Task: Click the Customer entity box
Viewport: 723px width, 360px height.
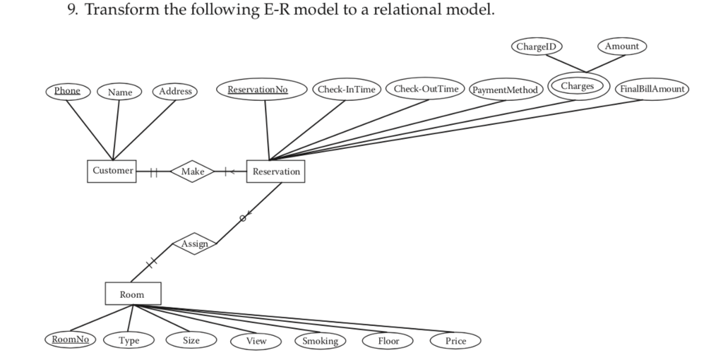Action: [112, 172]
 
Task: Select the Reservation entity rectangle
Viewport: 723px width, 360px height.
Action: [275, 172]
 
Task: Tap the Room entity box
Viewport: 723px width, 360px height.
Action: [132, 294]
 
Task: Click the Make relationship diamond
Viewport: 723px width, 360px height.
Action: [192, 172]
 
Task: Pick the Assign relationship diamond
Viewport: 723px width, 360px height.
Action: [194, 244]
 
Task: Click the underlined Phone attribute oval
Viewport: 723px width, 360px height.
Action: [68, 91]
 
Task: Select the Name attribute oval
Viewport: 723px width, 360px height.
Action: [119, 92]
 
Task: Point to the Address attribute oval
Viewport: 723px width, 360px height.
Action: [174, 91]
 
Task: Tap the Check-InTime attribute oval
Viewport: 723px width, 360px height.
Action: [346, 90]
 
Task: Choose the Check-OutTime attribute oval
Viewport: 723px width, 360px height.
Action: [426, 89]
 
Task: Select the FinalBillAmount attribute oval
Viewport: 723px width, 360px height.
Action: [653, 89]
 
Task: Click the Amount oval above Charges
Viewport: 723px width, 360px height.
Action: [622, 47]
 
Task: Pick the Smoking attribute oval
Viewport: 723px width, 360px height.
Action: [319, 341]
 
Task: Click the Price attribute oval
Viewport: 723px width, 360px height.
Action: [455, 341]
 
